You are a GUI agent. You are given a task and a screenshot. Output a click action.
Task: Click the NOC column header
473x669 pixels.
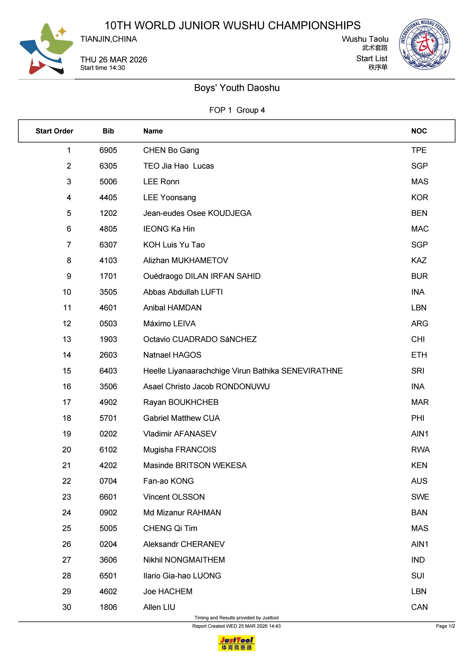(419, 131)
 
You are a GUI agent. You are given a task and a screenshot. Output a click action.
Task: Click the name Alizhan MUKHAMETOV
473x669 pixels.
(186, 261)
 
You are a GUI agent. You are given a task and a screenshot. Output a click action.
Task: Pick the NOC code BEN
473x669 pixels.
(419, 213)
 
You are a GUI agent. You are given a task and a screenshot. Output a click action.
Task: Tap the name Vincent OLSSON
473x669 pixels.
(174, 497)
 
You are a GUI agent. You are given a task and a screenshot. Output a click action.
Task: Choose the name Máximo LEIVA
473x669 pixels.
(169, 324)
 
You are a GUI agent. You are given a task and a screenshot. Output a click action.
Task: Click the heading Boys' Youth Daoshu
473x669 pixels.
(237, 88)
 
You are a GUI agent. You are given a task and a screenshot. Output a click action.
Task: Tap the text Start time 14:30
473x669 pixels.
(103, 68)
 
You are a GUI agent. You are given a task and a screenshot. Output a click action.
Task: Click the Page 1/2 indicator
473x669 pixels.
(445, 626)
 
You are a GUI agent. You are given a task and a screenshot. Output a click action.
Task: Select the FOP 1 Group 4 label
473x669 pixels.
(237, 110)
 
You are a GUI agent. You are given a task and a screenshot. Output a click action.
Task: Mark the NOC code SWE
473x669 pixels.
(420, 497)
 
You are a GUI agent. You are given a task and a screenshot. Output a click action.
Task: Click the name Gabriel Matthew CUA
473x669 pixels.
(181, 418)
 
